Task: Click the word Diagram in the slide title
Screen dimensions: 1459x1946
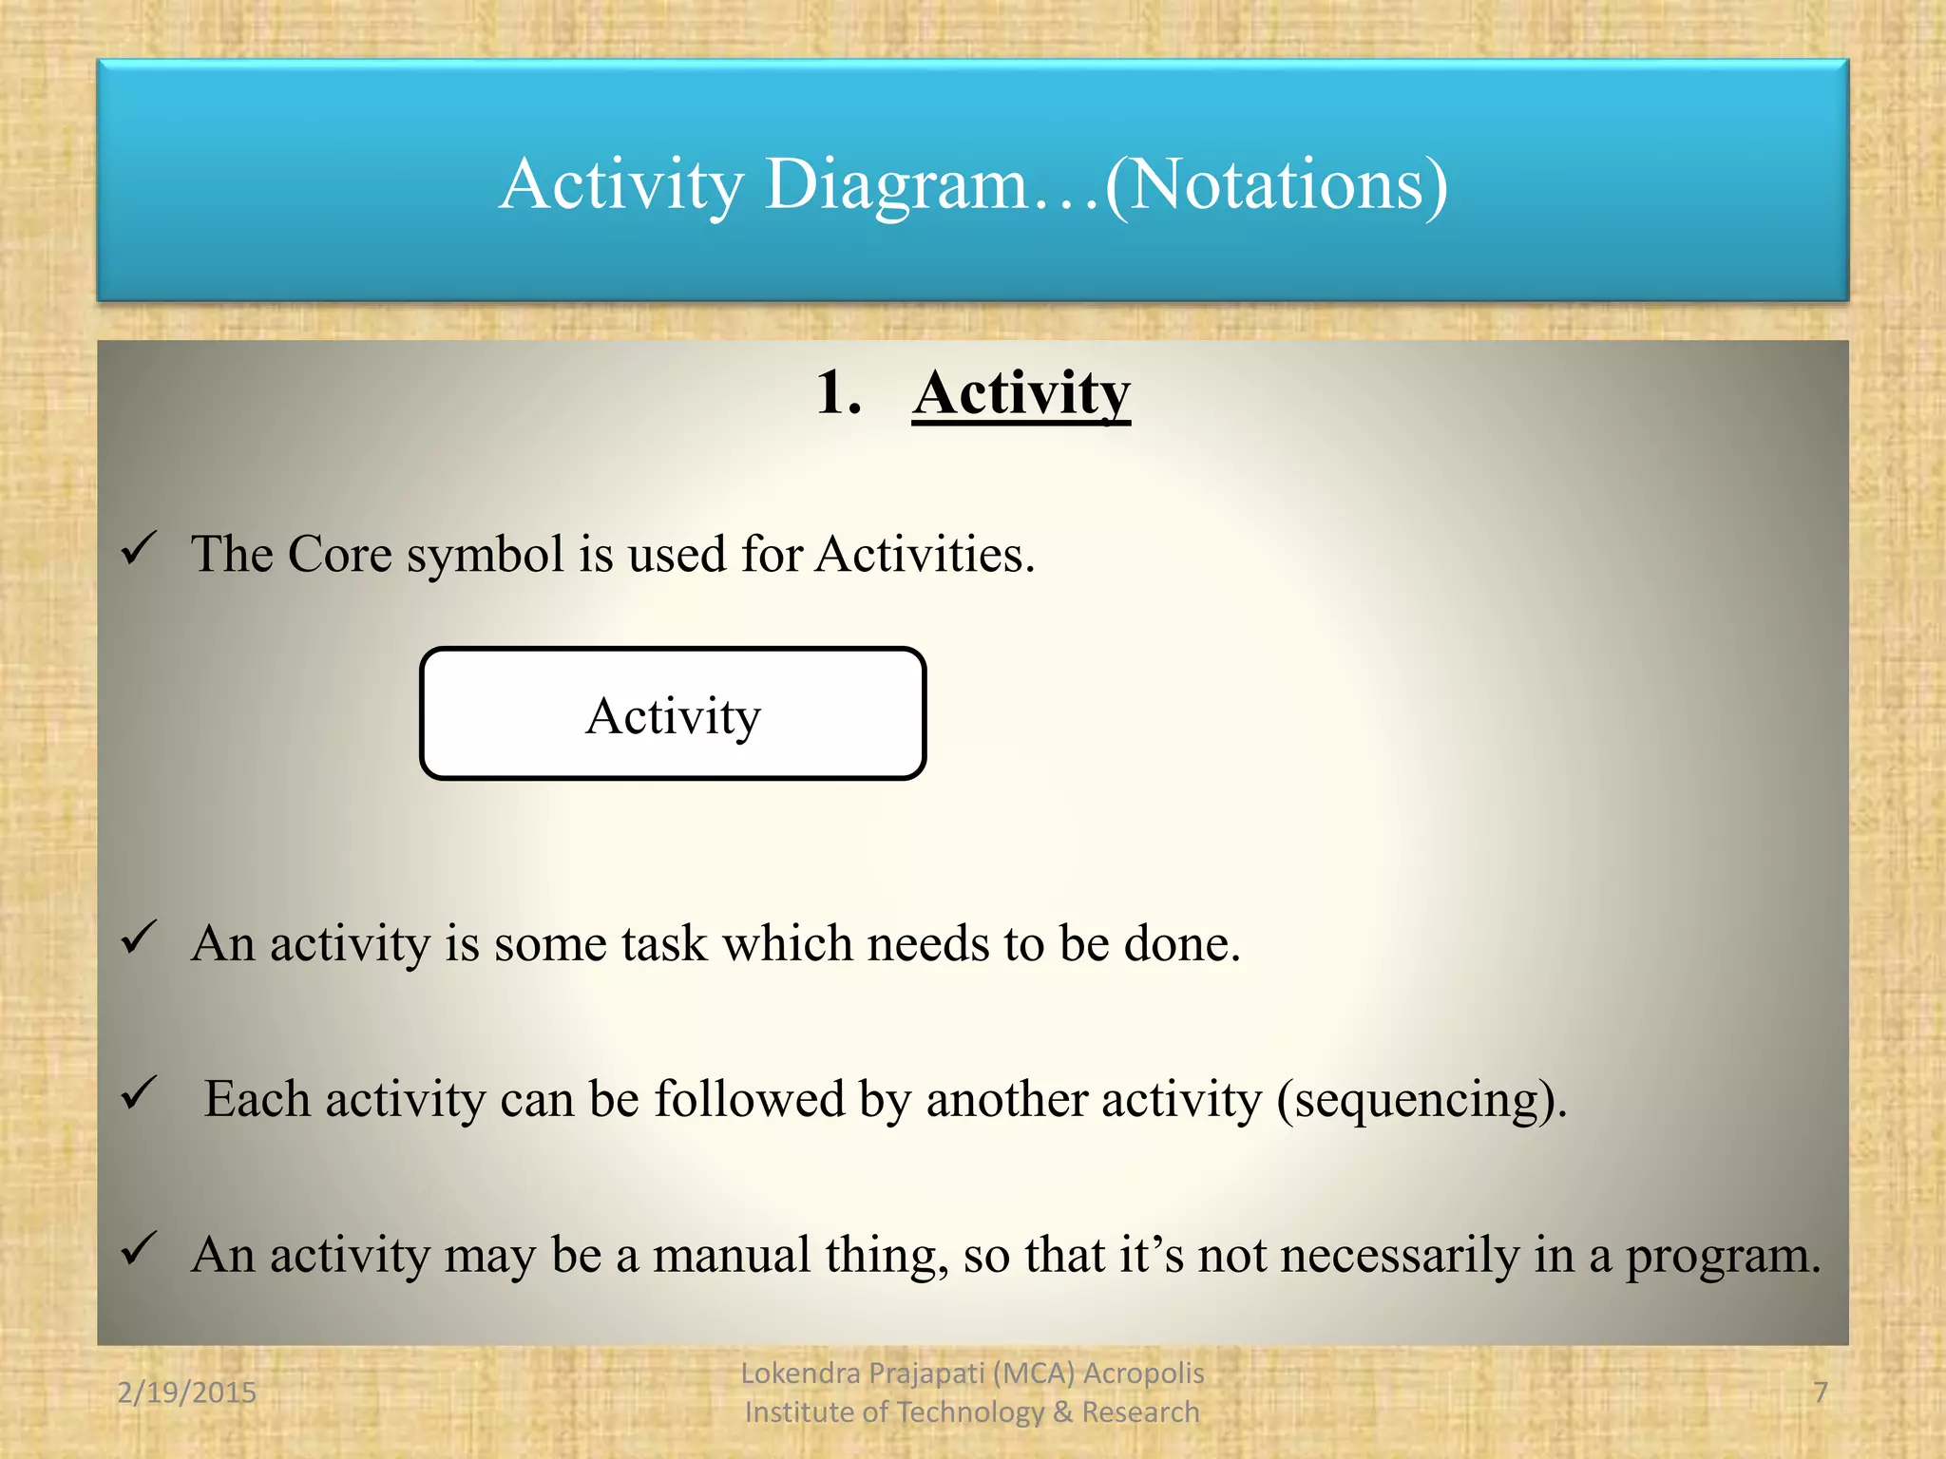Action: click(x=897, y=184)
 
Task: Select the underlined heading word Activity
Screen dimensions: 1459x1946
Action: click(x=1021, y=393)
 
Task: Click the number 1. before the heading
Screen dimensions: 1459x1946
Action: click(x=838, y=393)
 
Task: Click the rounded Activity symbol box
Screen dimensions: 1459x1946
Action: click(x=673, y=714)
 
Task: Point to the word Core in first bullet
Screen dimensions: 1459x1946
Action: click(x=339, y=554)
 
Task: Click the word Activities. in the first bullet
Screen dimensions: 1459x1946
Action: click(x=925, y=554)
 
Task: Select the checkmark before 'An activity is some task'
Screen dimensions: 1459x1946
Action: click(x=139, y=938)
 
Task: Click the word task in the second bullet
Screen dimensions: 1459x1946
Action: click(x=664, y=944)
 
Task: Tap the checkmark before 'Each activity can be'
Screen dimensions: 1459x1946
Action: click(x=139, y=1093)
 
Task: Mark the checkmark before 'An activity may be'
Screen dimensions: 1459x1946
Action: click(x=139, y=1248)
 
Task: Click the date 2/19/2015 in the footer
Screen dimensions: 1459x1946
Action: click(x=186, y=1393)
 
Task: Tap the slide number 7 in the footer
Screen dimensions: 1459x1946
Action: click(x=1821, y=1393)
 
